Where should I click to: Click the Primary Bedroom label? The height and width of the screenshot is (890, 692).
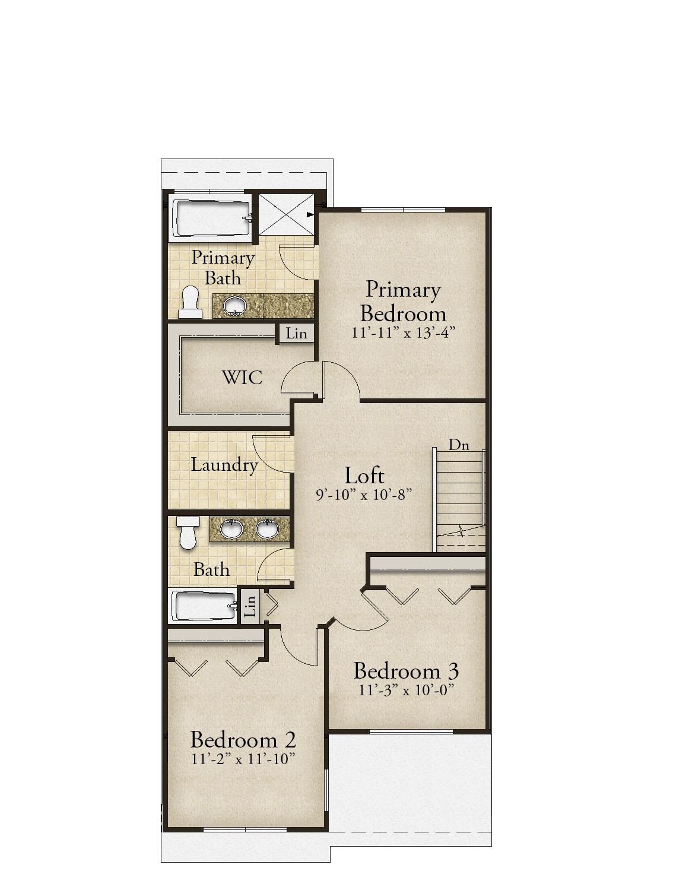(x=403, y=300)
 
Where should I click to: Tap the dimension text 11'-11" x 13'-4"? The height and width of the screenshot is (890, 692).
(x=403, y=332)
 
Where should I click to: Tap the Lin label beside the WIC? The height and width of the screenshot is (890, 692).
(x=296, y=334)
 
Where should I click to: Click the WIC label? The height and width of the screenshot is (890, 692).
(x=242, y=378)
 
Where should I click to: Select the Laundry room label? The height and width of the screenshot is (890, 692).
(x=224, y=464)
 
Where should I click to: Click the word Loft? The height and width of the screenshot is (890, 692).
(x=364, y=475)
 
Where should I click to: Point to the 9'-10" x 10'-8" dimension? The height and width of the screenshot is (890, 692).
(x=364, y=493)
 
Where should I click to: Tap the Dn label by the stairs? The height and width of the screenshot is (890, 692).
(x=458, y=444)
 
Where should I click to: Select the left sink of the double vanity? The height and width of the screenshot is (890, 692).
(x=230, y=527)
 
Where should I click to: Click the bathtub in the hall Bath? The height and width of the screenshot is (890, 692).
(x=203, y=606)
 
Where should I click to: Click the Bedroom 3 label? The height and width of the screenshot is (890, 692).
(x=406, y=671)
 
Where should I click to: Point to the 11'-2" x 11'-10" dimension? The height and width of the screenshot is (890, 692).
(x=243, y=759)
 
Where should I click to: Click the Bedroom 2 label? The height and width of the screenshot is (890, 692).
(x=243, y=740)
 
